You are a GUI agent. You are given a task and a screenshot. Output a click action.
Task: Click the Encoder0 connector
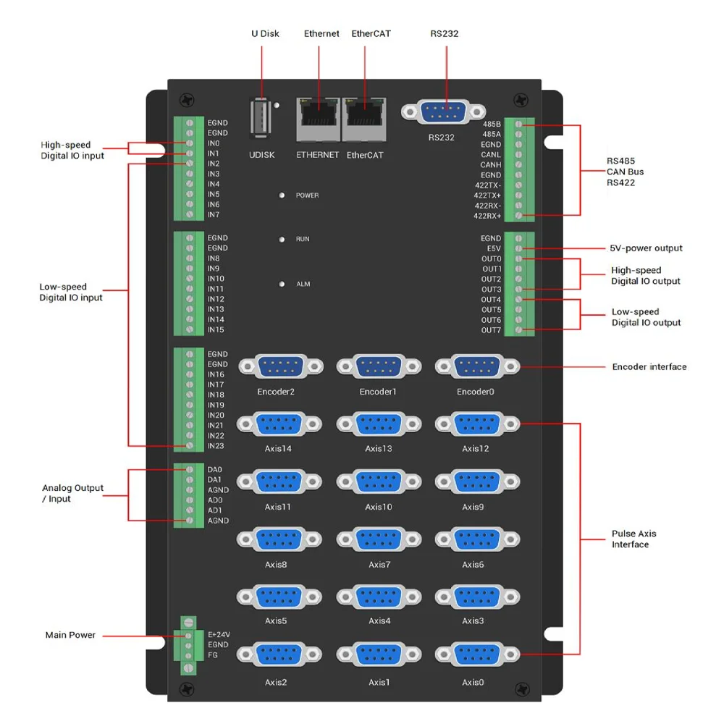[x=477, y=367]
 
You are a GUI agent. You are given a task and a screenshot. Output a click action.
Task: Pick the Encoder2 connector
[x=279, y=367]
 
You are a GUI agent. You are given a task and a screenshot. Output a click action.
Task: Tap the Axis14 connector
[x=279, y=424]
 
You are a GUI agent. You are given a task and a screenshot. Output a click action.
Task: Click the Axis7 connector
[x=379, y=539]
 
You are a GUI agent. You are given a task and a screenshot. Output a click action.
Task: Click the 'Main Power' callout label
[x=70, y=635]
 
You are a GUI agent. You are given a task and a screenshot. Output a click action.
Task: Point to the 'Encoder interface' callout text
[x=649, y=367]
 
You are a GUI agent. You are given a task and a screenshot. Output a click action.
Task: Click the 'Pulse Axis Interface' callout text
[x=633, y=539]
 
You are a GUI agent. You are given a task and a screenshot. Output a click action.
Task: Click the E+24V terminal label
[x=219, y=635]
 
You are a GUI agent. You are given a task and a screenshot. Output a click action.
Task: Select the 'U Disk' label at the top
[x=265, y=33]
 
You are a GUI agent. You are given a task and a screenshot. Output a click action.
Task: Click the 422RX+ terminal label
[x=487, y=216]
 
